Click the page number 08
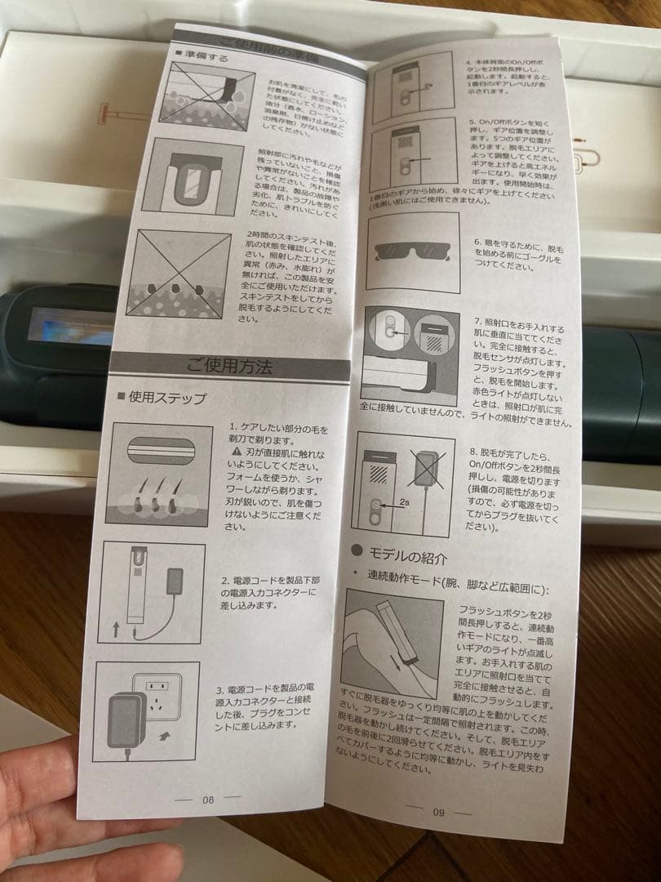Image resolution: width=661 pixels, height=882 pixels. click(208, 800)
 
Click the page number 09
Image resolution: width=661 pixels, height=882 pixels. click(438, 811)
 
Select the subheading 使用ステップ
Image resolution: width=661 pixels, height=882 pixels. click(167, 399)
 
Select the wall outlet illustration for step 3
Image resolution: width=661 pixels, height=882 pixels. click(146, 711)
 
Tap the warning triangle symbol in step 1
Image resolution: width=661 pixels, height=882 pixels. click(237, 451)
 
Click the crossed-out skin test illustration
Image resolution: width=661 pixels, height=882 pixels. click(178, 274)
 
